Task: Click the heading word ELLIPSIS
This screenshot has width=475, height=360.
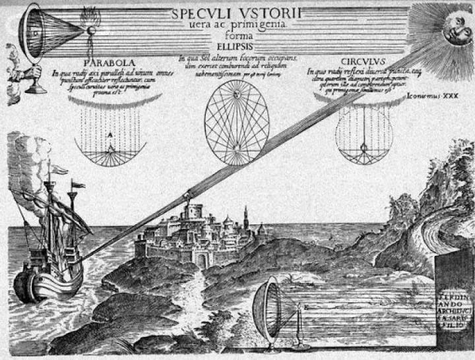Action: pyautogui.click(x=237, y=47)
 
